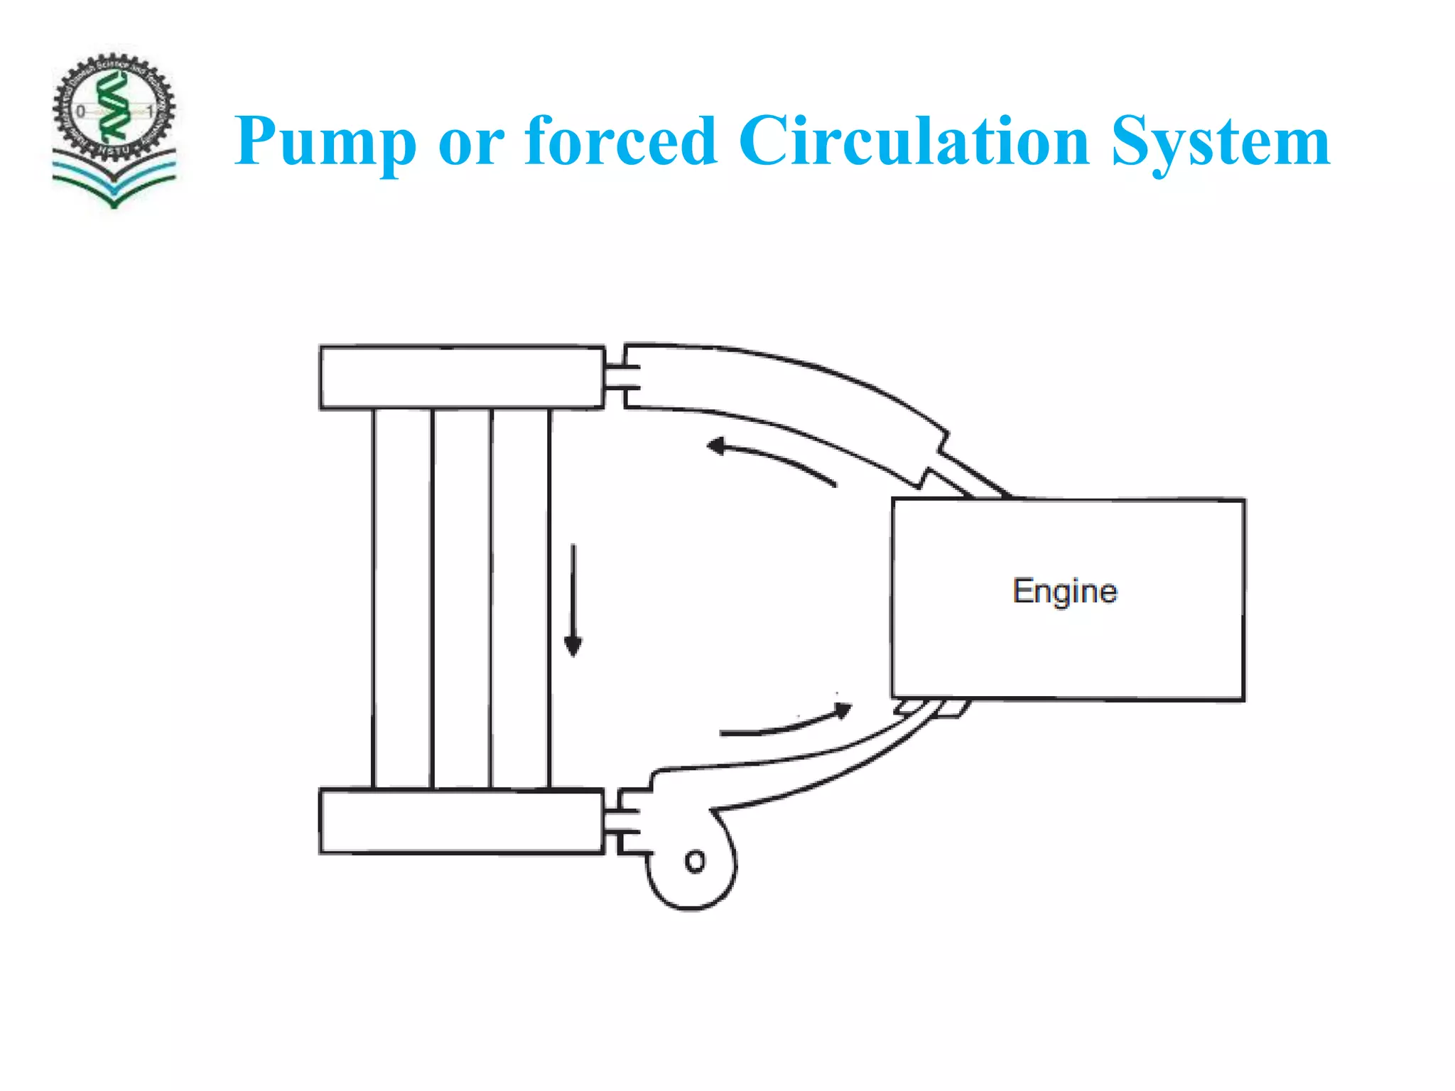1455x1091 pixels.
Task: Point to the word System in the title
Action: (x=1220, y=142)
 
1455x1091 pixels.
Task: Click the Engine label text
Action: (x=1064, y=592)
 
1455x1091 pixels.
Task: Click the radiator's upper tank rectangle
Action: (x=462, y=377)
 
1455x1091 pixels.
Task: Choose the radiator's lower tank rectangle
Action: (x=462, y=821)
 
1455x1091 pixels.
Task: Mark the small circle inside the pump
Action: (x=695, y=862)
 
